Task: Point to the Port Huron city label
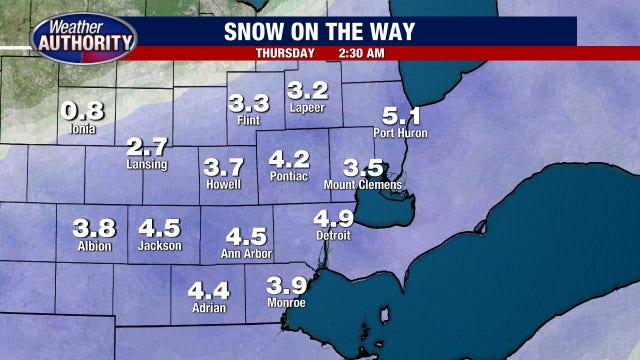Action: (x=400, y=133)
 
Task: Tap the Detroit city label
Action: (x=333, y=236)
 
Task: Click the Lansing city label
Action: (x=148, y=164)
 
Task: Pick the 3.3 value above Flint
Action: (x=248, y=103)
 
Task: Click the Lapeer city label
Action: (x=307, y=107)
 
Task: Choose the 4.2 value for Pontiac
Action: (x=290, y=159)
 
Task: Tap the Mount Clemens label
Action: (x=363, y=185)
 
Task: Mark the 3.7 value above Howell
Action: (x=223, y=167)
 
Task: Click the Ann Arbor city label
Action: (x=246, y=255)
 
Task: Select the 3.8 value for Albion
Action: (x=94, y=227)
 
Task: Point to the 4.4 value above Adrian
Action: (x=209, y=291)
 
